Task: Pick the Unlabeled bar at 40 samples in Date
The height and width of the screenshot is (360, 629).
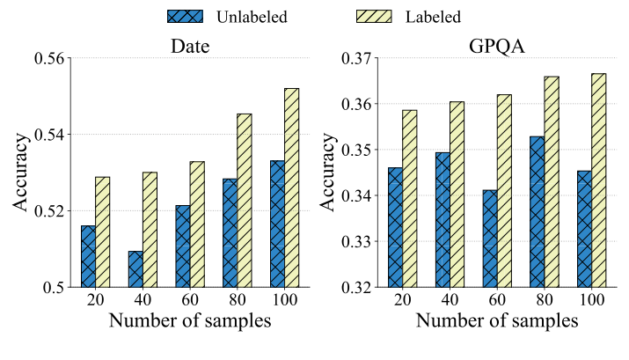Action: [x=135, y=269]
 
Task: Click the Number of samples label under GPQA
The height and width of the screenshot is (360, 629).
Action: [x=496, y=322]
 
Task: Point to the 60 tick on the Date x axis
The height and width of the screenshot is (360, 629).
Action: [x=189, y=300]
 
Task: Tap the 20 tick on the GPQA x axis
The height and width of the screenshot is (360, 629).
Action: [x=403, y=300]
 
